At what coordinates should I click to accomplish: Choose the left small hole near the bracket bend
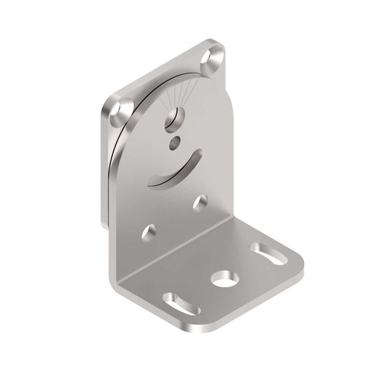tap(149, 231)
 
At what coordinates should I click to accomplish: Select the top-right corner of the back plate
tap(220, 46)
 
